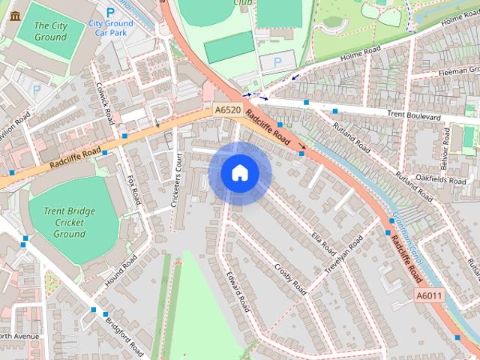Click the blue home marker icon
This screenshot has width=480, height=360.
240,173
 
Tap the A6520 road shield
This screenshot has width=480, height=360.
227,110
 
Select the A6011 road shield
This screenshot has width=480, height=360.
430,296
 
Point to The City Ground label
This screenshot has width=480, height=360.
51,31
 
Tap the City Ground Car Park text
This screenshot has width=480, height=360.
111,28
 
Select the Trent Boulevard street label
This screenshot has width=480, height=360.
413,116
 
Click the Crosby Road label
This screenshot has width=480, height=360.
290,278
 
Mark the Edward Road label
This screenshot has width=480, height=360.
238,292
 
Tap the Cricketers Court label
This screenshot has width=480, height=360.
177,181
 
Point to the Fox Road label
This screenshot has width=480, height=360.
134,189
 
